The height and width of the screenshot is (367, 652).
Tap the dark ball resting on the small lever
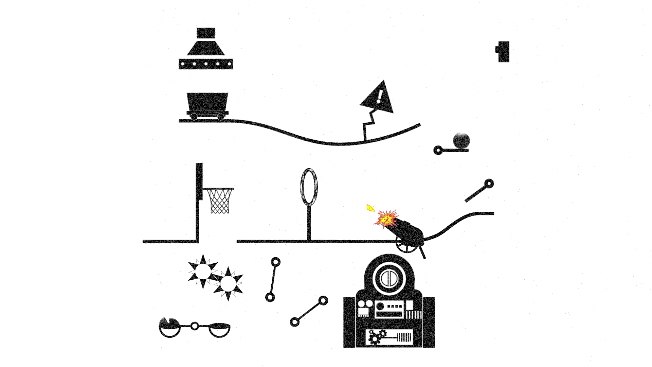pos(461,141)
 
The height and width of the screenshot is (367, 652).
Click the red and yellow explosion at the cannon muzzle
pos(386,219)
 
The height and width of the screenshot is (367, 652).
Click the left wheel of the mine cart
pos(194,117)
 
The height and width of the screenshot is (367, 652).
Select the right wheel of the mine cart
pos(221,117)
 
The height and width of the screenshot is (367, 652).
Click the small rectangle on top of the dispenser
pos(206,33)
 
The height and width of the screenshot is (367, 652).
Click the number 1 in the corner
pos(503,52)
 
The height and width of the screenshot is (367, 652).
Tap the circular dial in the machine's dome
pos(389,278)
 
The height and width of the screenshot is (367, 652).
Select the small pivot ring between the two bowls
pos(194,326)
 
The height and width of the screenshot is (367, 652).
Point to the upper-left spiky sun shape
pos(203,271)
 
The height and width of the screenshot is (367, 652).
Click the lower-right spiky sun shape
pos(228,283)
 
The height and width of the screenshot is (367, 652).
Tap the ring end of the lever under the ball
pos(438,150)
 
